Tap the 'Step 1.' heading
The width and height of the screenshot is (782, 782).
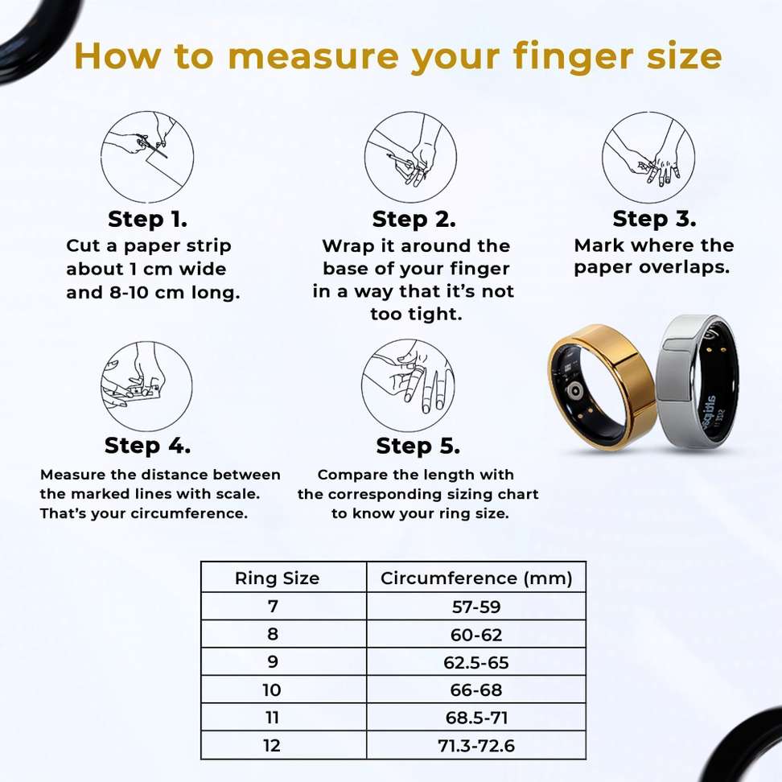pyautogui.click(x=147, y=219)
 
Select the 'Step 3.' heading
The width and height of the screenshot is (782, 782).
pyautogui.click(x=654, y=219)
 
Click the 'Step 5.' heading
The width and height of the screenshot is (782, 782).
pyautogui.click(x=418, y=446)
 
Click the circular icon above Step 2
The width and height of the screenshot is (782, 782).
pyautogui.click(x=410, y=158)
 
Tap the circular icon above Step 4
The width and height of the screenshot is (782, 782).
pyautogui.click(x=146, y=386)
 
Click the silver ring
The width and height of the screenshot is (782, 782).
pyautogui.click(x=694, y=381)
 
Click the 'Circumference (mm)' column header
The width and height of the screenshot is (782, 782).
pyautogui.click(x=476, y=578)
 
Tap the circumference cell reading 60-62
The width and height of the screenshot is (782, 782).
pyautogui.click(x=476, y=635)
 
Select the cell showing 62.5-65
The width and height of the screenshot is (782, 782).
pyautogui.click(x=476, y=662)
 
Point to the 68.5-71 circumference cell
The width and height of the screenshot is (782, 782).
pyautogui.click(x=476, y=718)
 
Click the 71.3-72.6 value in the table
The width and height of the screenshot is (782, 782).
pyautogui.click(x=476, y=746)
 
